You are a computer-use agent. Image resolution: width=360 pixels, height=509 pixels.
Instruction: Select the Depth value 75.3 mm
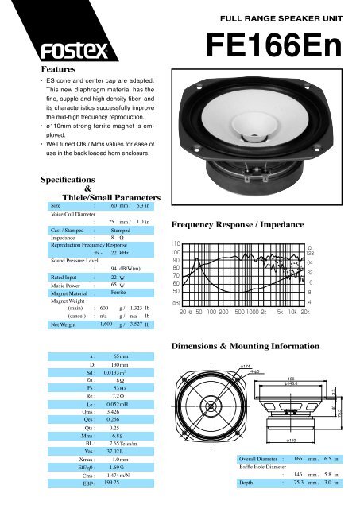pyautogui.click(x=302, y=482)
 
